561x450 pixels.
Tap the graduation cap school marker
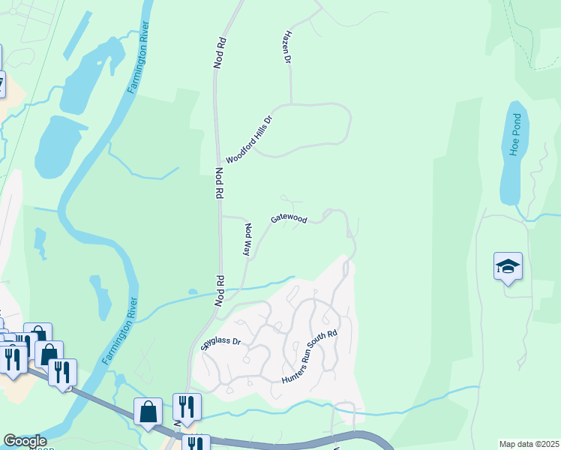[x=508, y=267]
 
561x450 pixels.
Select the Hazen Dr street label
[x=286, y=46]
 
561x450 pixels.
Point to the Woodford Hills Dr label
[x=247, y=140]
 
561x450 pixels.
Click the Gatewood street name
[x=289, y=218]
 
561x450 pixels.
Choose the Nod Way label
[x=246, y=239]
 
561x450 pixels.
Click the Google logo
[x=25, y=442]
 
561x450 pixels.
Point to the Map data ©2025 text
[x=529, y=444]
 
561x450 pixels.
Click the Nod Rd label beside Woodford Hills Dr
[x=219, y=183]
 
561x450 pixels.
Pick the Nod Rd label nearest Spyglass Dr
[x=221, y=290]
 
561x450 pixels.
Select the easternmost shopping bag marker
[x=148, y=412]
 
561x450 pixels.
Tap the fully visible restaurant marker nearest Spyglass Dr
[x=187, y=407]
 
